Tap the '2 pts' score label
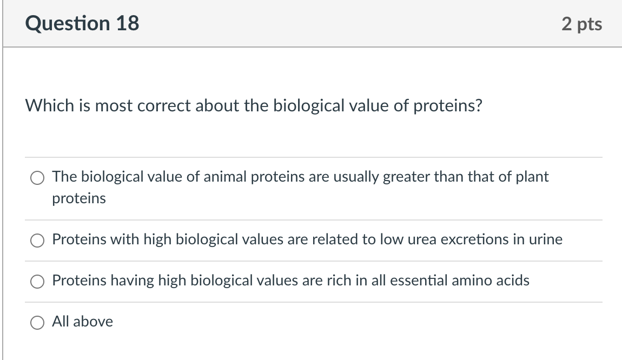pyautogui.click(x=581, y=24)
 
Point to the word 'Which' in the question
pyautogui.click(x=44, y=105)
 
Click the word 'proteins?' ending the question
pyautogui.click(x=447, y=105)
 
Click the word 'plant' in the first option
pyautogui.click(x=533, y=177)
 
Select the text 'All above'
pyautogui.click(x=82, y=322)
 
